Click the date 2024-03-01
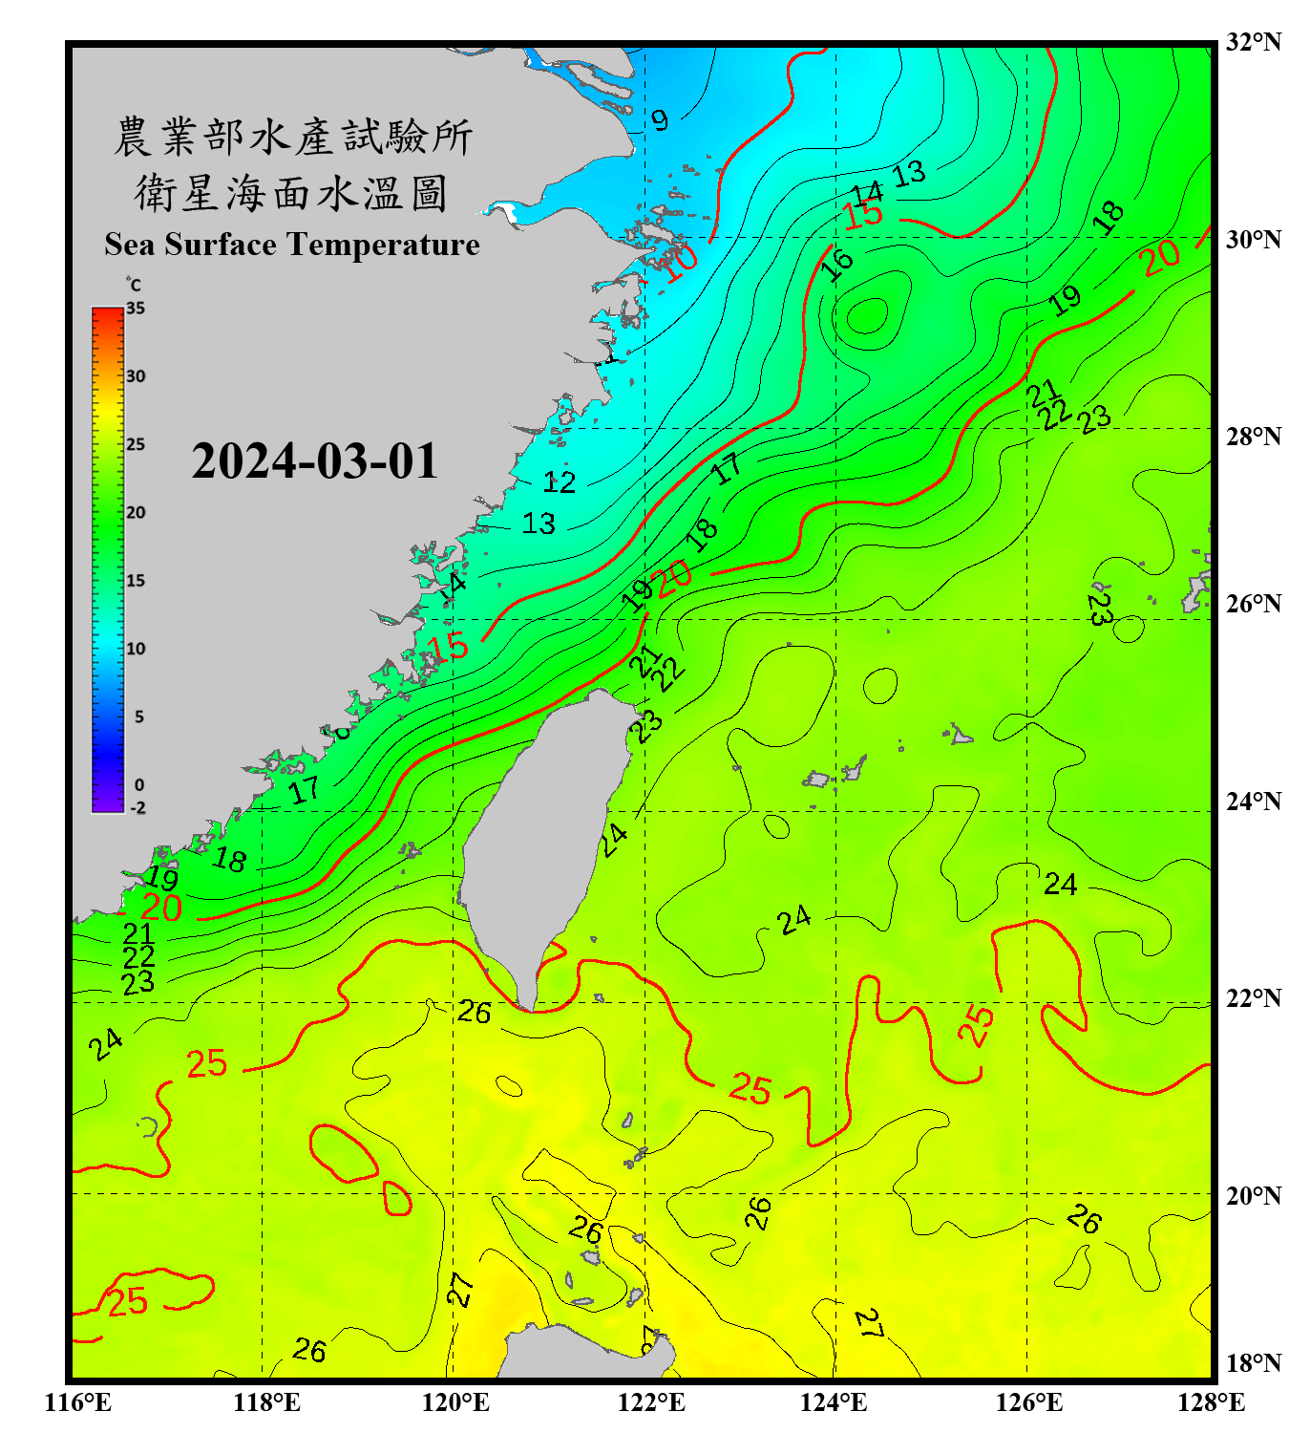[314, 461]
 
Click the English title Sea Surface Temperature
[292, 245]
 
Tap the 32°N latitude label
[1253, 42]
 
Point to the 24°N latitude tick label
[1253, 801]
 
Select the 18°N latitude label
[1253, 1363]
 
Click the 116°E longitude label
[78, 1402]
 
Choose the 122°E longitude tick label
[651, 1402]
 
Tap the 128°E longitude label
[1211, 1402]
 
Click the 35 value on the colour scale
[136, 309]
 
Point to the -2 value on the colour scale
[137, 807]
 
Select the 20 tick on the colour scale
[136, 512]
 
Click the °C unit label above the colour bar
[134, 285]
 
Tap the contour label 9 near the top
[660, 120]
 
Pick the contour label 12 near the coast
[560, 481]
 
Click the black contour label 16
[837, 263]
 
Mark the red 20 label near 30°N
[1160, 257]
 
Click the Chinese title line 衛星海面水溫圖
[291, 193]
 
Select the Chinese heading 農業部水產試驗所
[293, 137]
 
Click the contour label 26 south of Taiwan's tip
[475, 1012]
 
